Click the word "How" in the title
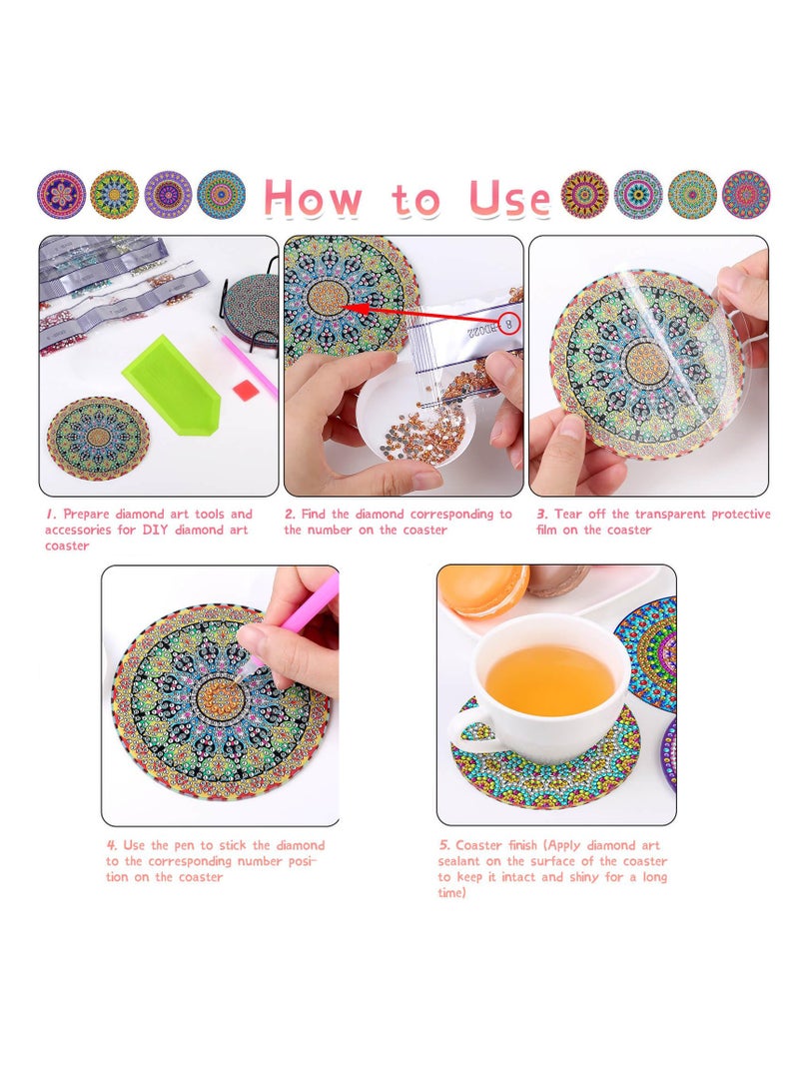point(313,198)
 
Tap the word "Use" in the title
point(510,198)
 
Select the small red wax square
point(245,391)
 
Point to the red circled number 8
point(510,325)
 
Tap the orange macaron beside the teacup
point(484,589)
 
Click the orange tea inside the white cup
point(549,679)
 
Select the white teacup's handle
point(471,727)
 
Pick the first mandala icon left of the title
point(61,195)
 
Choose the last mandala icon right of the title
point(745,195)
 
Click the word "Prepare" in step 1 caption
point(86,515)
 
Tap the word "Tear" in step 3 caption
point(568,515)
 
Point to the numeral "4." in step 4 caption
point(112,845)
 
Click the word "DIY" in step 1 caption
point(155,530)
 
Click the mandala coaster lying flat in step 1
point(98,439)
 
